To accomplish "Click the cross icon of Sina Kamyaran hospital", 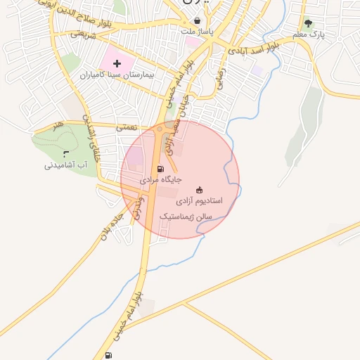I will [117, 64].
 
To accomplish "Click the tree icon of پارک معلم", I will [308, 23].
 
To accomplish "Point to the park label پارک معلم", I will [309, 34].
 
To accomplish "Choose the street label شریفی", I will [83, 33].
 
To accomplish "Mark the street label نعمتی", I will [126, 127].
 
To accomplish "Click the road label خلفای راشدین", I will [92, 137].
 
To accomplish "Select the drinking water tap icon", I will [66, 153].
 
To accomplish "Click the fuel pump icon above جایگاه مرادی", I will [160, 169].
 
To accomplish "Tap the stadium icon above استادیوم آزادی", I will [199, 189].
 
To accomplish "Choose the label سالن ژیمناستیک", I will [186, 216].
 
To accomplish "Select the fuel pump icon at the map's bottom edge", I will [108, 355].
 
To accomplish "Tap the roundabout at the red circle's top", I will [161, 129].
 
